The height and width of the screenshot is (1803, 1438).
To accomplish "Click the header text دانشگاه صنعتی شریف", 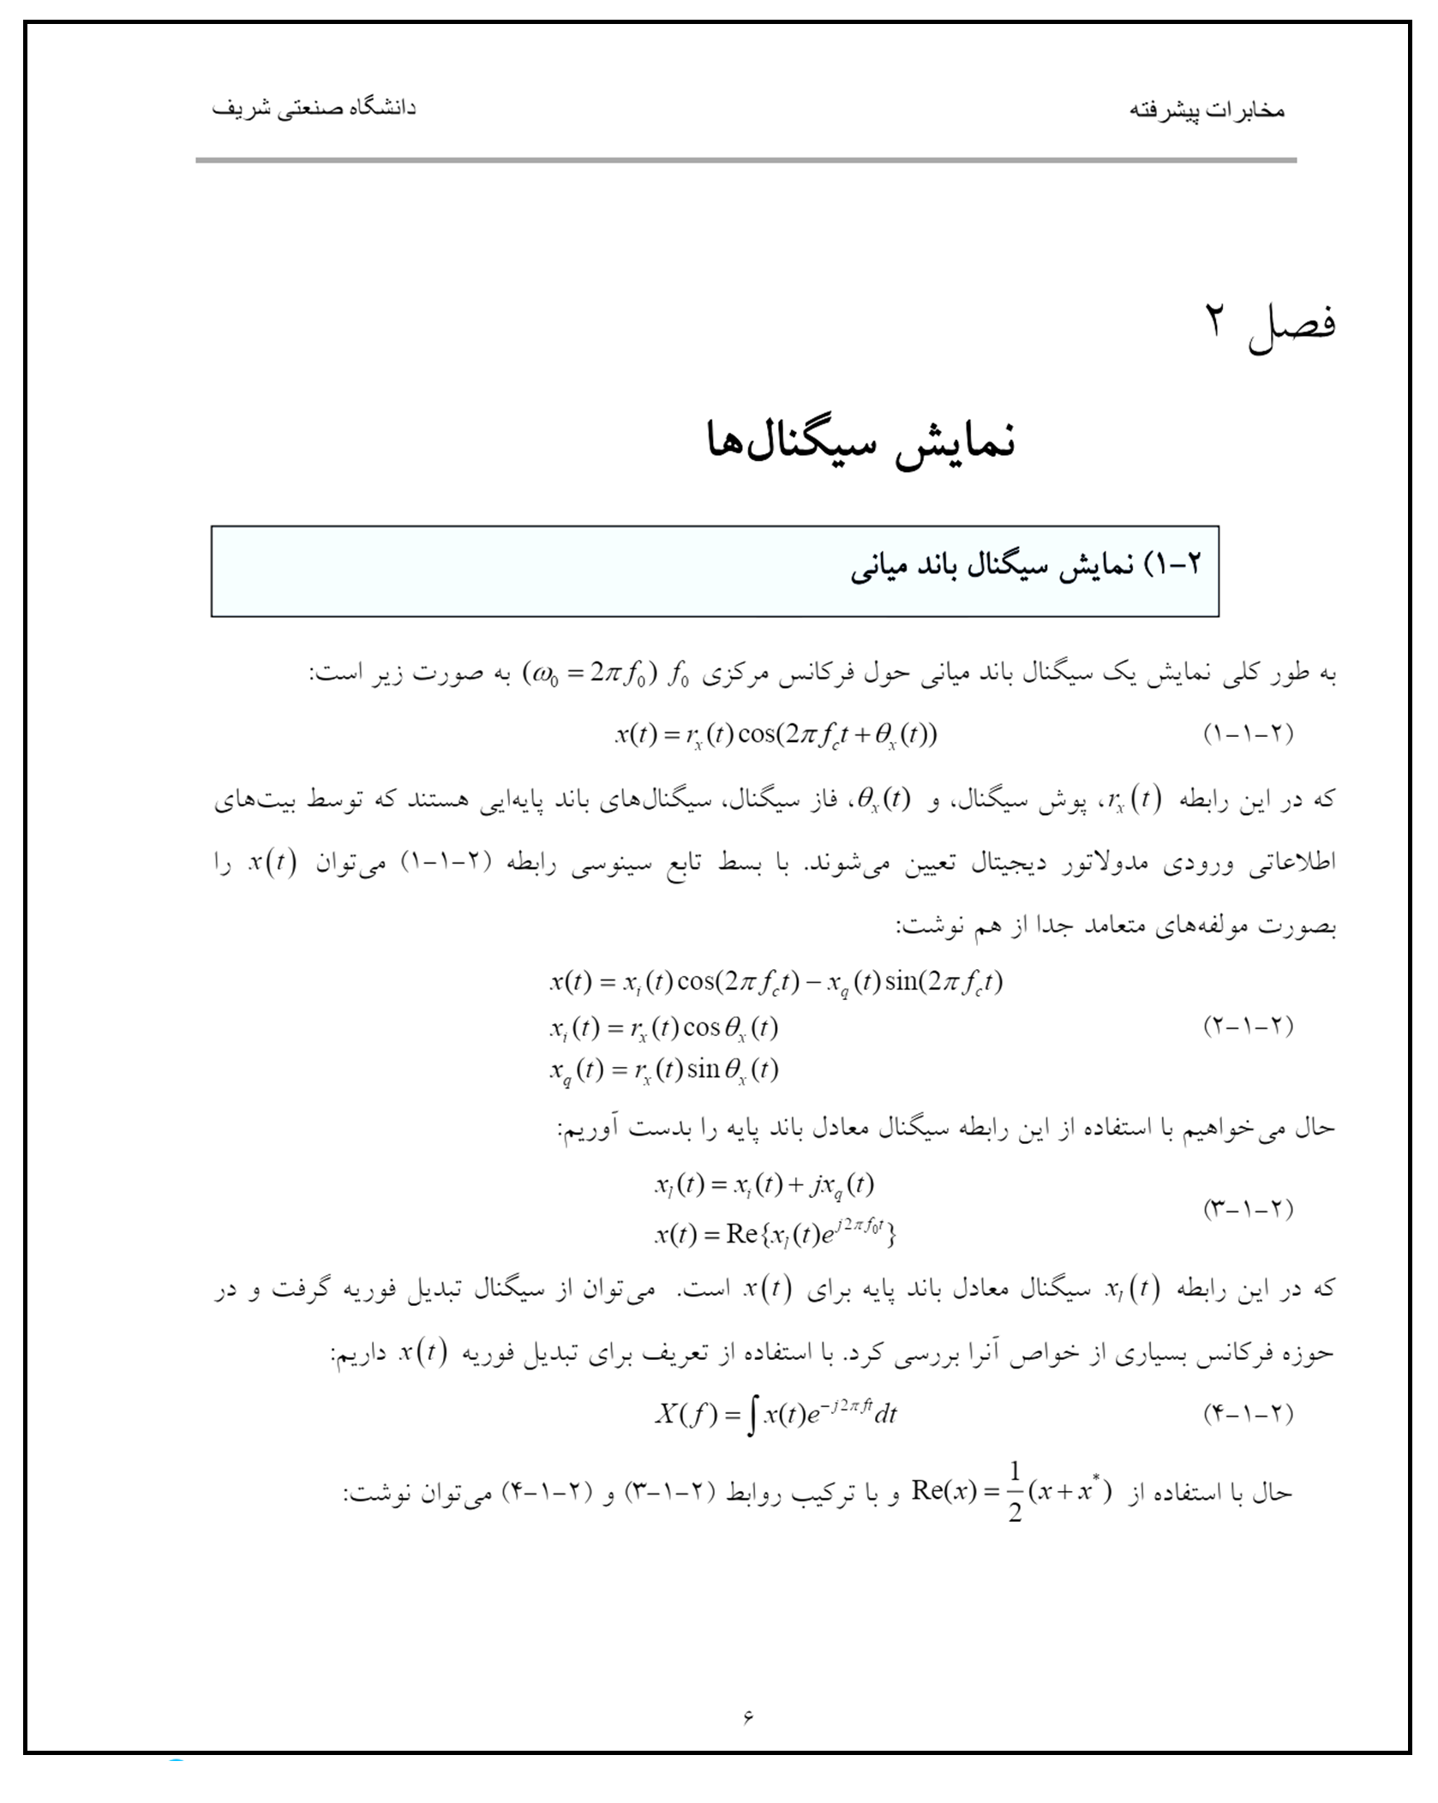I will [314, 109].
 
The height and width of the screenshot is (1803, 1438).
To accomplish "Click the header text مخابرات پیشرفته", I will [1206, 111].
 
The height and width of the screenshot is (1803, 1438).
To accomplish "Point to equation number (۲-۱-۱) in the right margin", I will [1248, 734].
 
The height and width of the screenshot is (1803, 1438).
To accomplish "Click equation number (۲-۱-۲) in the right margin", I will [1248, 1025].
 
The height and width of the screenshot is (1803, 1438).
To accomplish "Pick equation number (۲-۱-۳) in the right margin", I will [1248, 1208].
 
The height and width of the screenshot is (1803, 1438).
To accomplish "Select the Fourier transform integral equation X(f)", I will [776, 1414].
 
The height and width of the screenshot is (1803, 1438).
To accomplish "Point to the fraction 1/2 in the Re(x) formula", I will [1015, 1492].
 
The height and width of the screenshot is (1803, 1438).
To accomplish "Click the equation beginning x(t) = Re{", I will [776, 1234].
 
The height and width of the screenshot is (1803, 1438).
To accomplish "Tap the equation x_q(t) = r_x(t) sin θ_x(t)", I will [664, 1070].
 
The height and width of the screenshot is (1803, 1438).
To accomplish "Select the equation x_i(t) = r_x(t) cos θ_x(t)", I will [664, 1028].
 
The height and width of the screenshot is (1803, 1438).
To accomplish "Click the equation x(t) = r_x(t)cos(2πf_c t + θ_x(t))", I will [776, 735].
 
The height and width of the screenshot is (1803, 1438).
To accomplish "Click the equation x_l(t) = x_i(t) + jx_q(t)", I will [764, 1185].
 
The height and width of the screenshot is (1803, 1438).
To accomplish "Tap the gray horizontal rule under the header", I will [746, 160].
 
